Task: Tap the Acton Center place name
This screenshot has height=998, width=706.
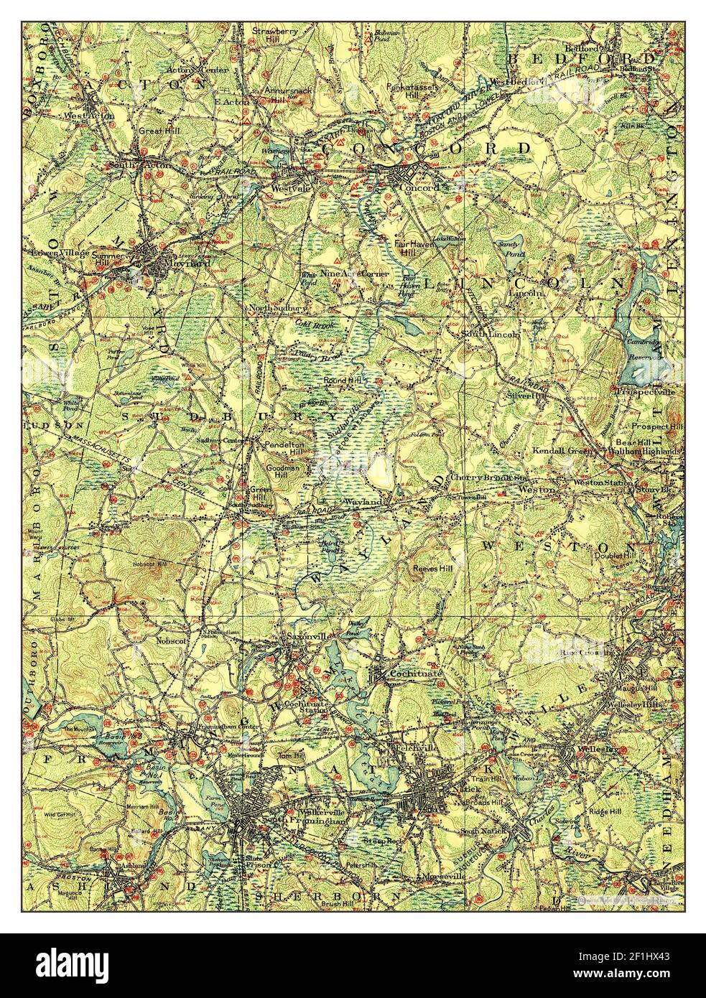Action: [x=187, y=70]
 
